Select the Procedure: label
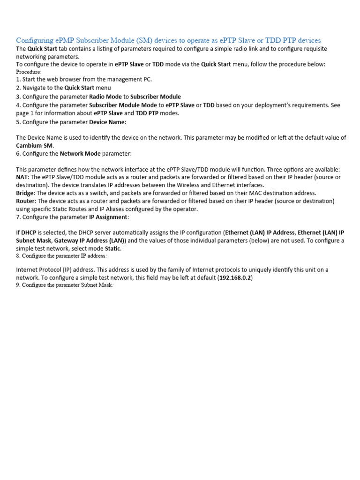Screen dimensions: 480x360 coord(29,72)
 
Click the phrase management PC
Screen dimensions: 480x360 coord(132,80)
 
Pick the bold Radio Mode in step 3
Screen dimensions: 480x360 coord(105,97)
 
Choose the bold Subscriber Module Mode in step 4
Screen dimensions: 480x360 coord(123,105)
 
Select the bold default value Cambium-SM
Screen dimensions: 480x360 coord(35,145)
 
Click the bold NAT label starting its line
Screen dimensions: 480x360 coord(22,177)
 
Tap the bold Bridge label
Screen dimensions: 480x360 coord(25,193)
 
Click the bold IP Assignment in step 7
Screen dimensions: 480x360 coord(108,217)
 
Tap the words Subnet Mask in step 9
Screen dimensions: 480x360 coord(96,285)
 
